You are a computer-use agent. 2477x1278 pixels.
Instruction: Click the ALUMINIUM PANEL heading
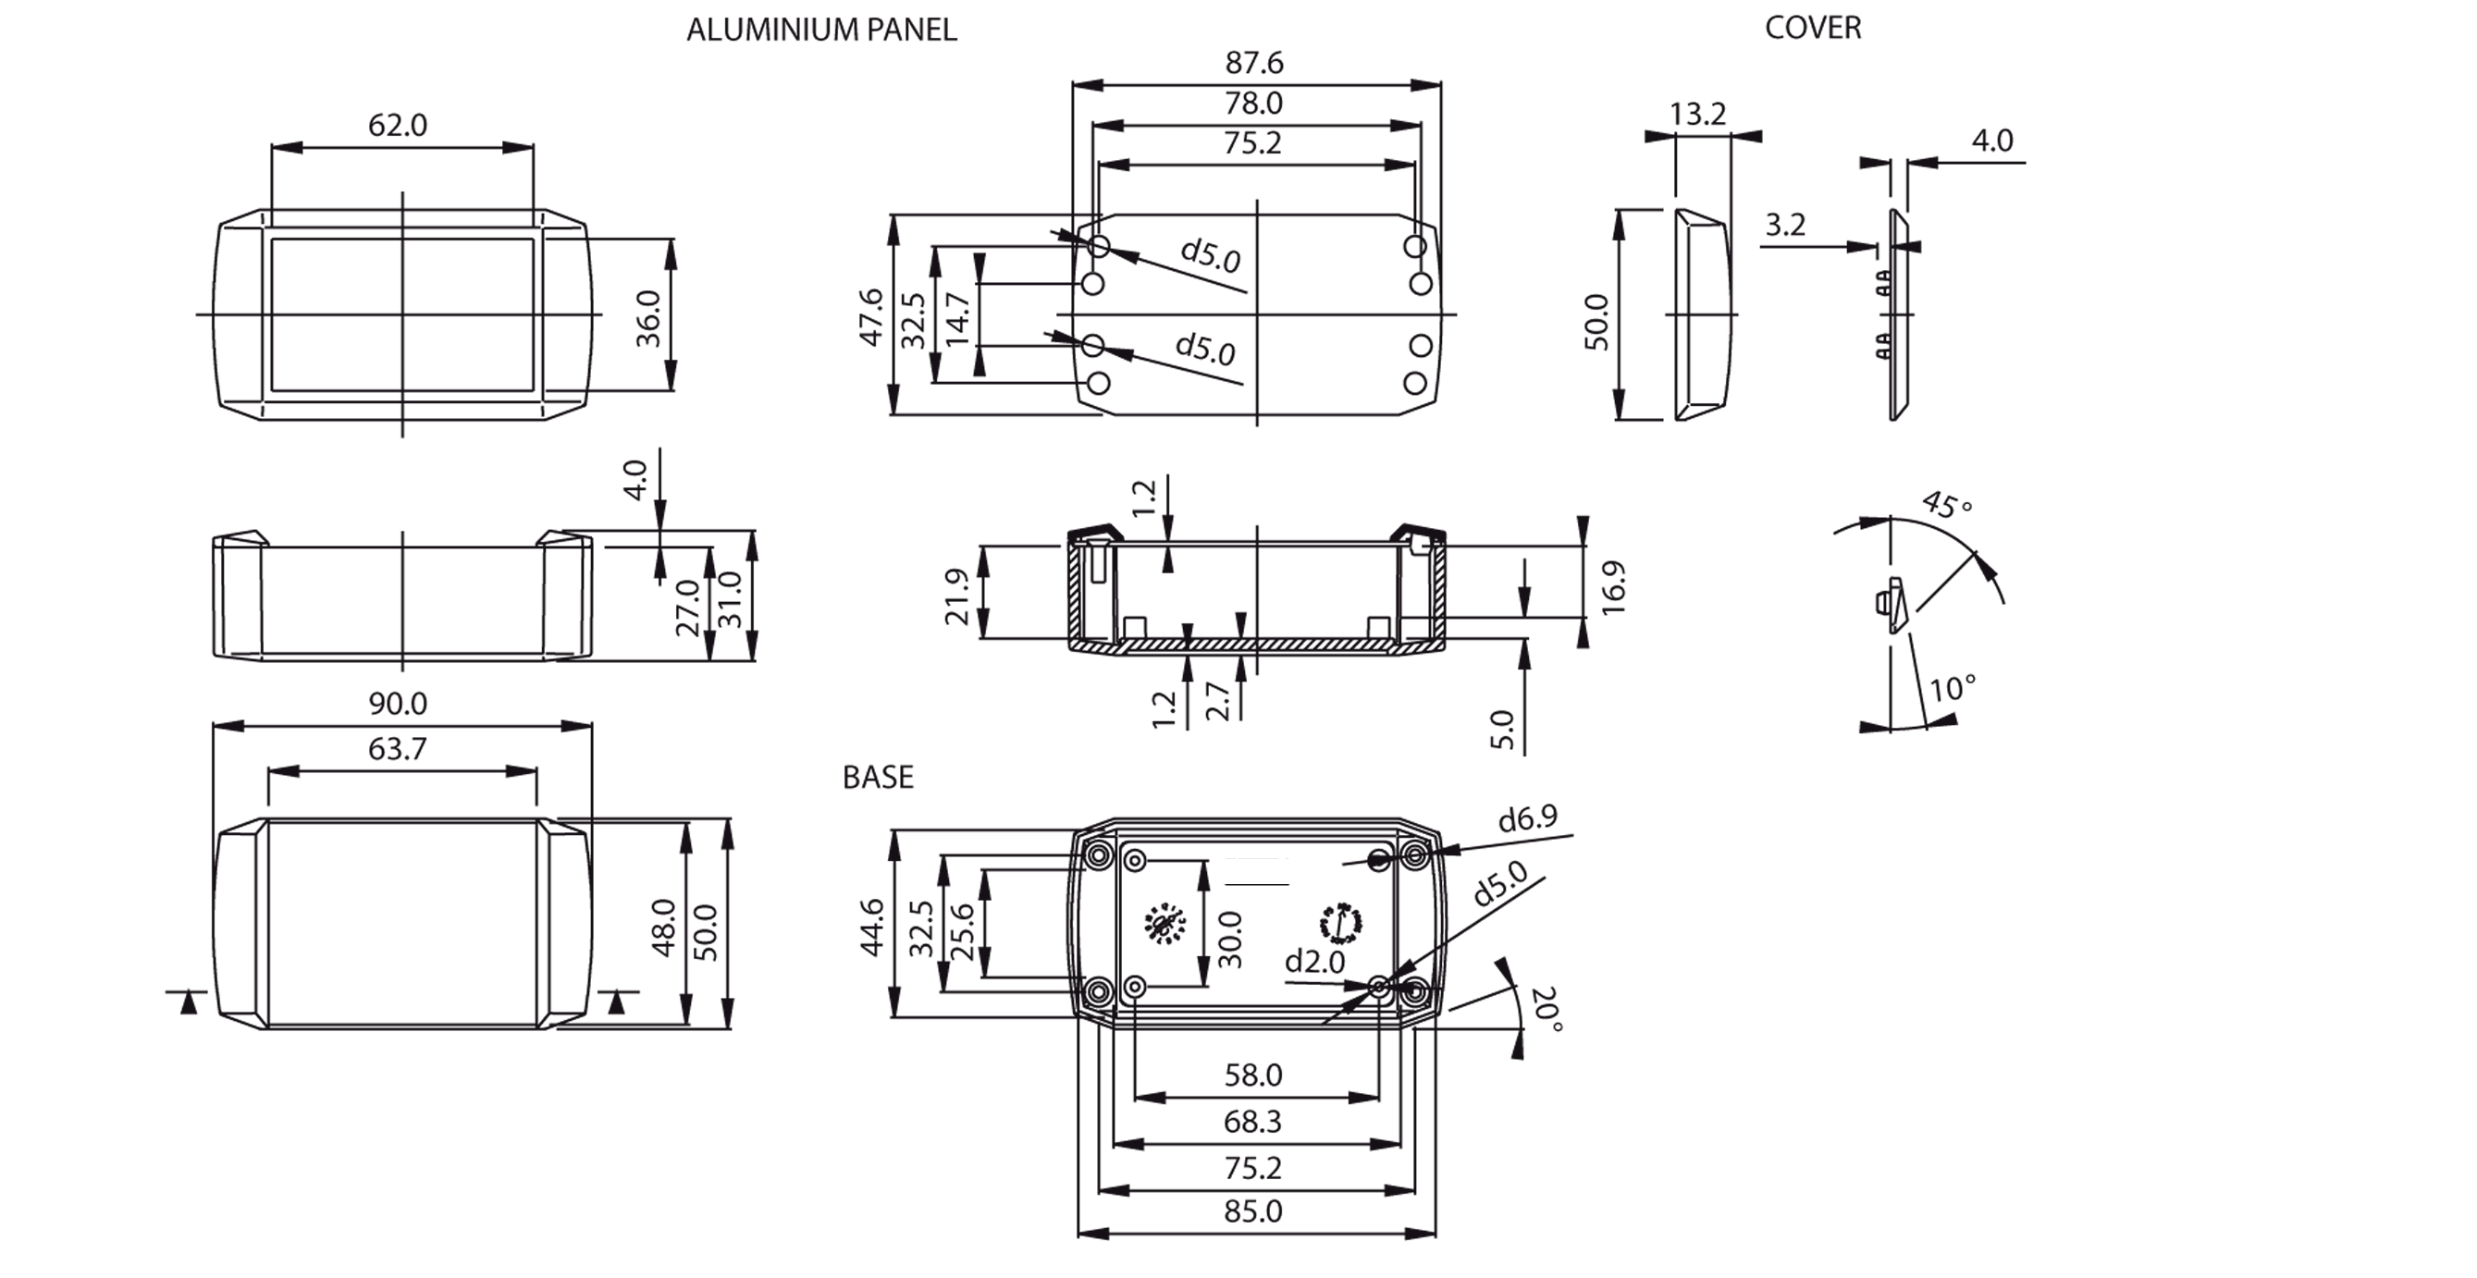click(x=821, y=30)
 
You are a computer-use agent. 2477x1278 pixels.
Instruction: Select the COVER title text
click(x=1813, y=28)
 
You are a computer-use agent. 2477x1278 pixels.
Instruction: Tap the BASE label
click(x=877, y=777)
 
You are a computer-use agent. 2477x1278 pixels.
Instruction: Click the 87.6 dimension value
click(x=1254, y=63)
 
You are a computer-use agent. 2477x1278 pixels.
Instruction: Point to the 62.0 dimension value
click(x=397, y=125)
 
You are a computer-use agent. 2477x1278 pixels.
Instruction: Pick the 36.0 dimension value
click(x=649, y=318)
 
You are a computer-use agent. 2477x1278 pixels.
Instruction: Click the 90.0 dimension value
click(x=397, y=703)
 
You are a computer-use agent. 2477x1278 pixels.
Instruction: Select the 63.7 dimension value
click(x=397, y=748)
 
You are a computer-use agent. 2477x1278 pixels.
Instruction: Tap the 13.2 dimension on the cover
click(x=1697, y=115)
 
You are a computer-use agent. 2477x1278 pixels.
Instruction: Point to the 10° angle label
click(x=1952, y=689)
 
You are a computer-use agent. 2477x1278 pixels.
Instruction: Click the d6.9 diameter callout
click(x=1527, y=818)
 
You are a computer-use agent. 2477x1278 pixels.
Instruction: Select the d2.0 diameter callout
click(x=1314, y=961)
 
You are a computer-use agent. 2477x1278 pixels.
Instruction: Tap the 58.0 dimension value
click(x=1253, y=1075)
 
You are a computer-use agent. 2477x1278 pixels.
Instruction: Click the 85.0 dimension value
click(x=1253, y=1210)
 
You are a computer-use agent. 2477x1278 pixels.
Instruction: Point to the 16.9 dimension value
click(x=1612, y=587)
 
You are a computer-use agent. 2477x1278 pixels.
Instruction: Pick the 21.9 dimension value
click(x=956, y=596)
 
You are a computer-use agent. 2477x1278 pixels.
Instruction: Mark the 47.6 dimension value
click(x=871, y=316)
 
